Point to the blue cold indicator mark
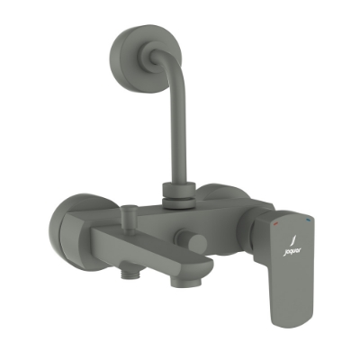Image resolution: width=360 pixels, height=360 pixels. (308, 219)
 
